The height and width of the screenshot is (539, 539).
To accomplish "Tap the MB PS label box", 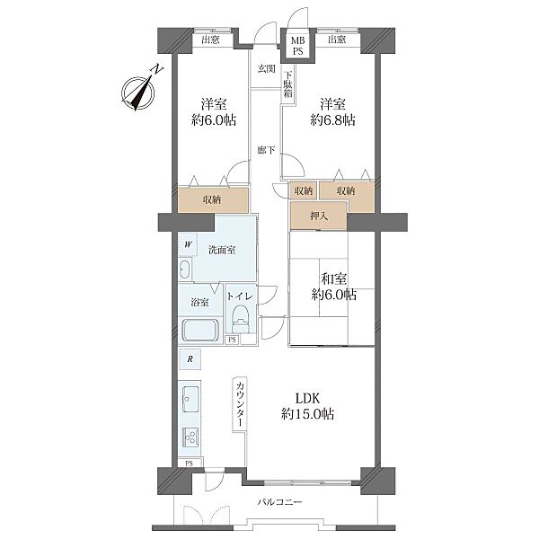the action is pos(297,46).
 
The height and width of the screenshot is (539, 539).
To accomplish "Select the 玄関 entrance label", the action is pos(267,69).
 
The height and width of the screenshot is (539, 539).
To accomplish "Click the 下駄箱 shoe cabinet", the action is pos(287,84).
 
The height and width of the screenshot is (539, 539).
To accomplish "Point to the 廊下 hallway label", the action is pos(267,150).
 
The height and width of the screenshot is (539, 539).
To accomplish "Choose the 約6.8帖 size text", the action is pos(332,120).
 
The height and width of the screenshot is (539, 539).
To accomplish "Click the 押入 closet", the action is pos(319,216).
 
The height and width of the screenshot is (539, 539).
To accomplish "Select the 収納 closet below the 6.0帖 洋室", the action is pos(213,200).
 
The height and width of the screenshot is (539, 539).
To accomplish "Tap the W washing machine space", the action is pos(188,244).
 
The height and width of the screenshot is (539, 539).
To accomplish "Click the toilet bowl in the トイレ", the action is pos(241,319).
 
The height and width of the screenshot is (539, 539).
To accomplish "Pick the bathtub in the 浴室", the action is pos(200,331).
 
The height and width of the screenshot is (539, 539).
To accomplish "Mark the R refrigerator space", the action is pos(190,359).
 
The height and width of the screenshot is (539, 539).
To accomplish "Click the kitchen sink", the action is pos(190,399).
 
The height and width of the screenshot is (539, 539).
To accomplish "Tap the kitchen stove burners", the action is pos(190,437).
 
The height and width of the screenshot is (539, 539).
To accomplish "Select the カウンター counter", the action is pos(240,404).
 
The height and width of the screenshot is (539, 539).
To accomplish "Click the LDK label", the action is pos(307,398).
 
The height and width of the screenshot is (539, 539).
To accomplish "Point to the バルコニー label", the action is pos(279,502).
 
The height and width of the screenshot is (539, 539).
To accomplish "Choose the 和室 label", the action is pos(333,278).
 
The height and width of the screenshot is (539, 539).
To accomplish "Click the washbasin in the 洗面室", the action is pos(185,269).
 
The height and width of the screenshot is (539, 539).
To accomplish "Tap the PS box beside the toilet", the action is pos(233,340).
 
